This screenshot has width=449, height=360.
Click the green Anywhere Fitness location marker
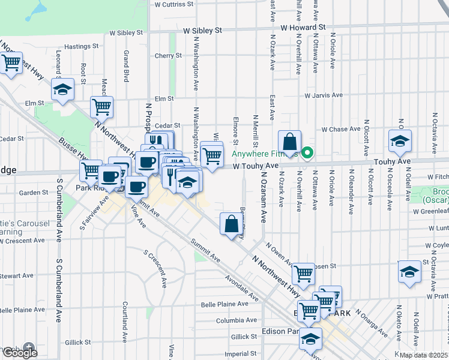(x=307, y=153)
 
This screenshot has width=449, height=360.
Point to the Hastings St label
(x=81, y=46)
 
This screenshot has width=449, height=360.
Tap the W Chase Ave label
(x=340, y=129)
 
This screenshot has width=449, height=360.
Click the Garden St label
(x=33, y=193)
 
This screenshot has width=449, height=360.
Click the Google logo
(x=20, y=352)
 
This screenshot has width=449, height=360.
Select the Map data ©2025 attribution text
(x=424, y=355)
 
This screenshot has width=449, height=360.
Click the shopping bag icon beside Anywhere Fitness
(x=289, y=143)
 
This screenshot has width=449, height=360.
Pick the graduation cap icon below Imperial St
(x=310, y=340)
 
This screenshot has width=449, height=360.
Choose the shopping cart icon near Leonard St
(x=11, y=62)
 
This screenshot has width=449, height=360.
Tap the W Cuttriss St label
(x=173, y=4)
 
